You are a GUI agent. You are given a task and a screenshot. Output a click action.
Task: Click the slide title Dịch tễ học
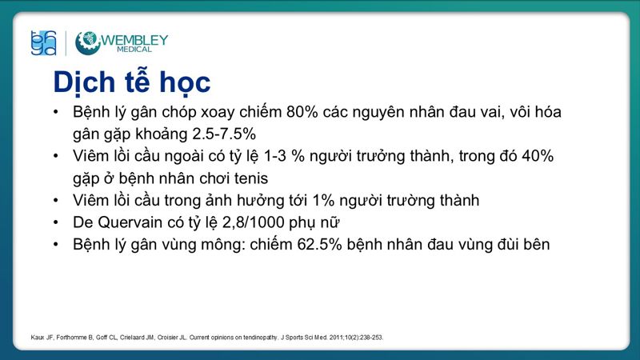pos(132,82)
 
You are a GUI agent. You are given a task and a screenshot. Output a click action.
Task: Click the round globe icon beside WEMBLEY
pos(87,42)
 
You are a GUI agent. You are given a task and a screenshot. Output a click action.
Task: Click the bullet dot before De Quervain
pos(54,222)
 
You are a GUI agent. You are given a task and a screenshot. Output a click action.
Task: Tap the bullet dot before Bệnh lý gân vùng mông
pos(54,245)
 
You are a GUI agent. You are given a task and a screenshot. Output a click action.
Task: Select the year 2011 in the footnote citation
pos(312,338)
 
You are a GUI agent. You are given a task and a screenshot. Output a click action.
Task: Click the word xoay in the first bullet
pos(211,111)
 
